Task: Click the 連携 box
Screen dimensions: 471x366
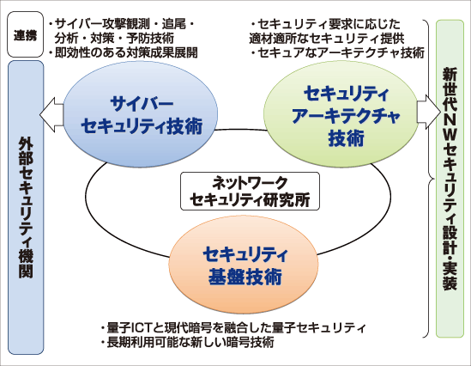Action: [25, 34]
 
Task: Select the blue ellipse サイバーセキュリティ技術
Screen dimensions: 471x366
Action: [141, 114]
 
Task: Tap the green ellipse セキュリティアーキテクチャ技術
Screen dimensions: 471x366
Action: [341, 113]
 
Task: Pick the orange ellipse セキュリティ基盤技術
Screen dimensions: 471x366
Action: [244, 265]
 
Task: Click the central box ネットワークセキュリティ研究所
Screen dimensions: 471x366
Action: [250, 191]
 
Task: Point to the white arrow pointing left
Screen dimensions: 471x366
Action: [51, 114]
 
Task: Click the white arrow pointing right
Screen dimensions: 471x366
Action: [429, 113]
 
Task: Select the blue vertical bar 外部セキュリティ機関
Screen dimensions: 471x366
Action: [26, 207]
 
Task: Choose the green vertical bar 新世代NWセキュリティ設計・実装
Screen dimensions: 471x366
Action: [450, 179]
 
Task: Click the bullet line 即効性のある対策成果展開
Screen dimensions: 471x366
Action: [124, 52]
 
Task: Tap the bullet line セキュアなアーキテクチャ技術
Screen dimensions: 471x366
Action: [337, 52]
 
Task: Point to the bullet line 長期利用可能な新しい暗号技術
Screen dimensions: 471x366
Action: [187, 342]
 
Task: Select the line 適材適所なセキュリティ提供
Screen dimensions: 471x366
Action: [327, 38]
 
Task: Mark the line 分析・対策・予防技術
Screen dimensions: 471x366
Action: [114, 38]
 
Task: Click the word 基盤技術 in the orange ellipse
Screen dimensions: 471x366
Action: [245, 277]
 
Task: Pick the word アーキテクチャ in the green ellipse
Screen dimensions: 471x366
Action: [346, 116]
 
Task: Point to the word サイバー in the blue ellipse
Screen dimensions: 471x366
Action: [142, 104]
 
